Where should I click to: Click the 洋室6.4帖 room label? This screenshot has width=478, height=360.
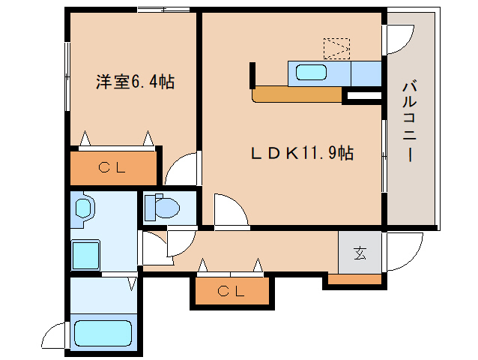click(135, 82)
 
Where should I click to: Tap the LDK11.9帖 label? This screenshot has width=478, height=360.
click(302, 153)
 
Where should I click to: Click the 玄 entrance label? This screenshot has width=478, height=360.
click(360, 253)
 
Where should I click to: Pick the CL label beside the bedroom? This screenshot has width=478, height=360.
click(114, 168)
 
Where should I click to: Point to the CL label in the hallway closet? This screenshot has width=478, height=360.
click(231, 291)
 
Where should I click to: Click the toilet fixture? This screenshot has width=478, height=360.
click(162, 205)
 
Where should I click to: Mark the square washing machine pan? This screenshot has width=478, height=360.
click(85, 256)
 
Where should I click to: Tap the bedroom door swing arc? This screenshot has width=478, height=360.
click(183, 169)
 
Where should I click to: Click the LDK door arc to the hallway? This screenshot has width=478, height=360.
click(230, 210)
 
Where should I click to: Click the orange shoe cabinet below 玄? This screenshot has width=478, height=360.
click(354, 280)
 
